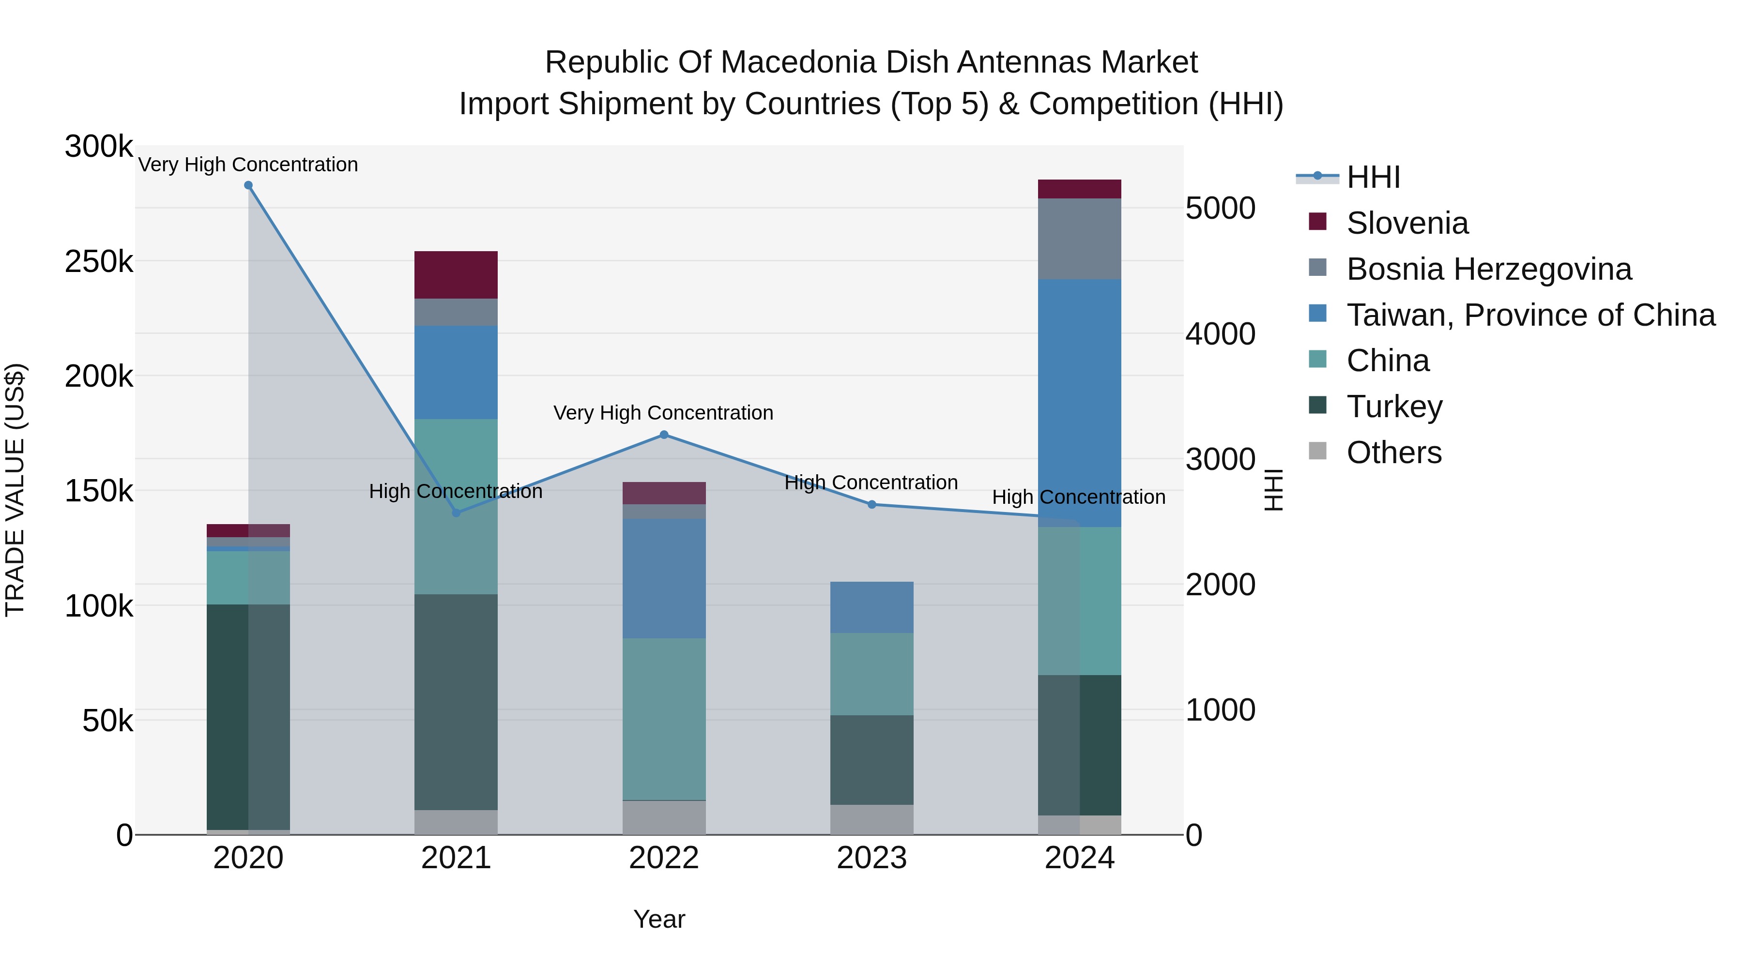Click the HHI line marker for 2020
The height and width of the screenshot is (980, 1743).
pyautogui.click(x=248, y=185)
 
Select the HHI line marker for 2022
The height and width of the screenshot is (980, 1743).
pyautogui.click(x=664, y=435)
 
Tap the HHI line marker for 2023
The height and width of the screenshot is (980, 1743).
pyautogui.click(x=871, y=505)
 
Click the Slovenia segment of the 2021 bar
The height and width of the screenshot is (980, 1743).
pyautogui.click(x=456, y=274)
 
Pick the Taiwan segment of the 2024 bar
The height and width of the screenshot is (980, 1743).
pyautogui.click(x=1079, y=403)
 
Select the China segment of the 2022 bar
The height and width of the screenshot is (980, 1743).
pyautogui.click(x=664, y=719)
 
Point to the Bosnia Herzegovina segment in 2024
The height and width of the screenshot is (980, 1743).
pyautogui.click(x=1079, y=239)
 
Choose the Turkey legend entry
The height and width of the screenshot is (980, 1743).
pyautogui.click(x=1394, y=407)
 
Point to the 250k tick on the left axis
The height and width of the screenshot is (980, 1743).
pyautogui.click(x=99, y=262)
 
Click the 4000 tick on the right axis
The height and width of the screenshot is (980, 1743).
pyautogui.click(x=1220, y=333)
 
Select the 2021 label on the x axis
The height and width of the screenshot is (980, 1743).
pyautogui.click(x=456, y=858)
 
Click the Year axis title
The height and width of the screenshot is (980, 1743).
pyautogui.click(x=659, y=919)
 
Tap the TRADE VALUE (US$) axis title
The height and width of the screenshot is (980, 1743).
pyautogui.click(x=15, y=490)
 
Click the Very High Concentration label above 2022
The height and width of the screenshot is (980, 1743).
pyautogui.click(x=663, y=412)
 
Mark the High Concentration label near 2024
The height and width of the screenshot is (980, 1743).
pyautogui.click(x=1079, y=497)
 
